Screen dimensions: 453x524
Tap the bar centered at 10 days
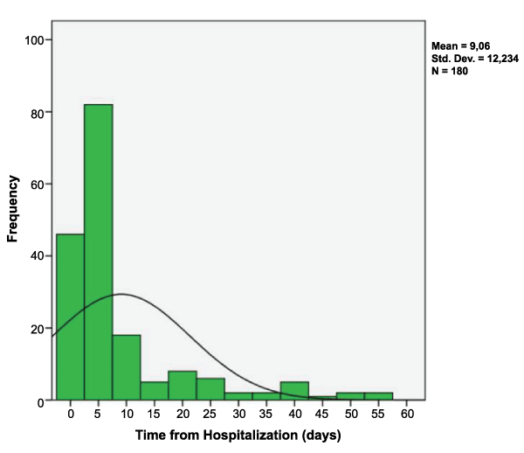(x=126, y=367)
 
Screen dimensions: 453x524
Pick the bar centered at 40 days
(x=294, y=391)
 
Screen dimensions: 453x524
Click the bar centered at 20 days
(x=182, y=386)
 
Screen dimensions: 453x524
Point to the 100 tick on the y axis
(x=36, y=40)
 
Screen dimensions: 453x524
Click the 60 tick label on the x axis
(x=407, y=414)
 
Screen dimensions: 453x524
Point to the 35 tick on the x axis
(x=266, y=414)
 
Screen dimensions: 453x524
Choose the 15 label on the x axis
(x=154, y=414)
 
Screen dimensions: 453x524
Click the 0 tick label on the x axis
(x=70, y=414)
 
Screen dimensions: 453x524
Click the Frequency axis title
(x=13, y=208)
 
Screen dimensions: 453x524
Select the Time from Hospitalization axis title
(x=238, y=435)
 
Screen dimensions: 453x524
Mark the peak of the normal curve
(x=121, y=294)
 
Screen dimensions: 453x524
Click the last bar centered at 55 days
(x=378, y=396)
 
